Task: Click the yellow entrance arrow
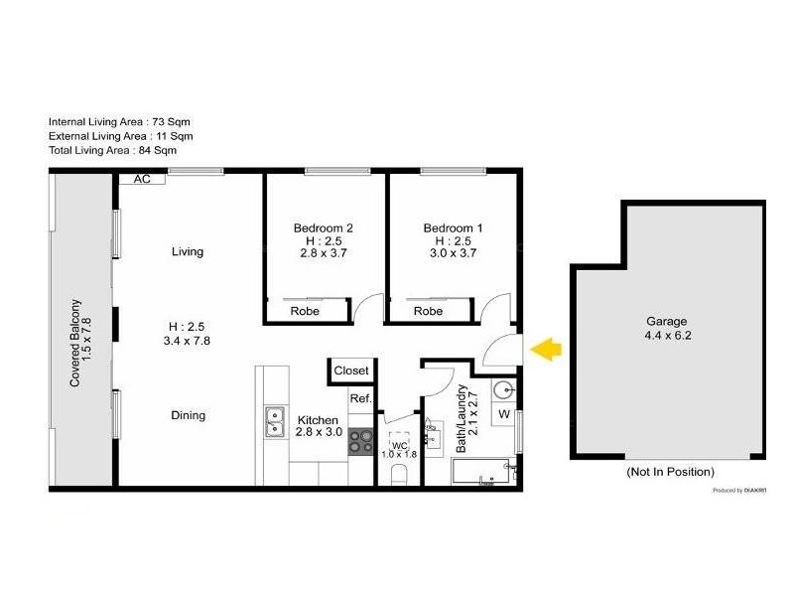click(x=547, y=349)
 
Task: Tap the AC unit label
click(x=141, y=180)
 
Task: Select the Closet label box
click(x=351, y=371)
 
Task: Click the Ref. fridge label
click(x=360, y=398)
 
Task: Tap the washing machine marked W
click(x=503, y=413)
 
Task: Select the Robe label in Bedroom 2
click(x=305, y=311)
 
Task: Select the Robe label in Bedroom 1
click(x=428, y=311)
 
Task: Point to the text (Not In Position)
click(x=669, y=472)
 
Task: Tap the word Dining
click(x=188, y=415)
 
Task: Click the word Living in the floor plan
click(x=188, y=251)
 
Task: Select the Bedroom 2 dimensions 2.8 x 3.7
click(x=324, y=254)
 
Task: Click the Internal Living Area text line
click(x=119, y=121)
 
